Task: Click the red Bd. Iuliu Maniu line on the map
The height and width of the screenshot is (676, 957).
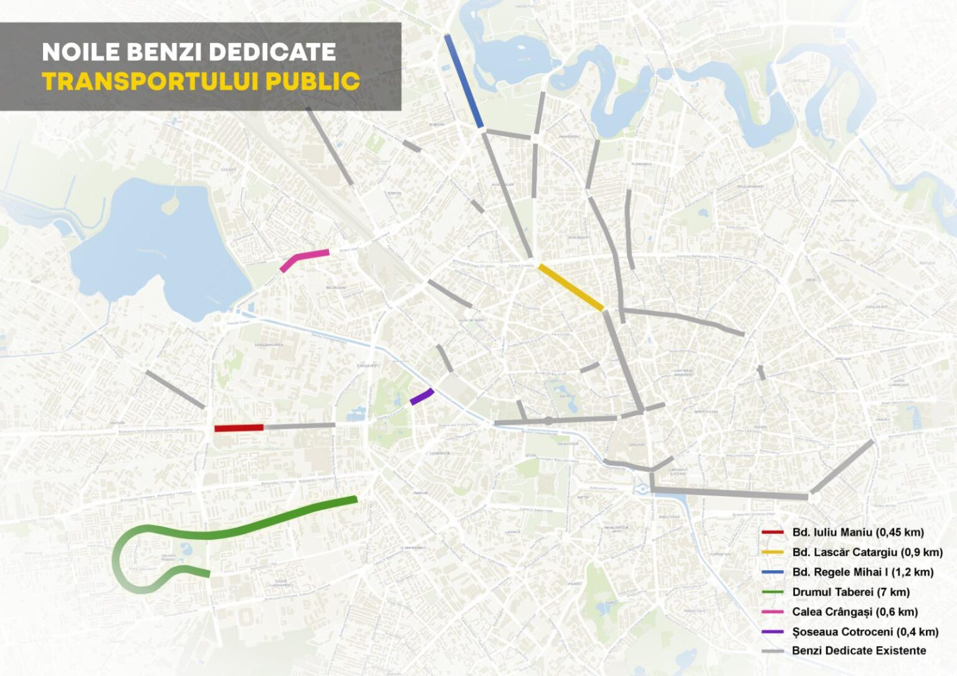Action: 239,428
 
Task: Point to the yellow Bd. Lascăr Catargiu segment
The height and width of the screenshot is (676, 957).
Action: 571,288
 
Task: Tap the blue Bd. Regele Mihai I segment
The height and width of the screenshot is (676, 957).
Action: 464,81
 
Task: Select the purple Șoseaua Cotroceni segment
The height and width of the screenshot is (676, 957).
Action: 422,397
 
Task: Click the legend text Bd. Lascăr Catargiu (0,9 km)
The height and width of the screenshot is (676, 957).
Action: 867,552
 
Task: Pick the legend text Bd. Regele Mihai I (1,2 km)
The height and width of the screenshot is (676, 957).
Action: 863,572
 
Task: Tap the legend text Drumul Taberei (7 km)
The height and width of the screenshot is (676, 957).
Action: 850,592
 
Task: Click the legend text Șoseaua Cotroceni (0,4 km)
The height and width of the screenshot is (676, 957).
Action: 865,632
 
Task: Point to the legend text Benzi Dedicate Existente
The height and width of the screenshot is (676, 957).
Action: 859,650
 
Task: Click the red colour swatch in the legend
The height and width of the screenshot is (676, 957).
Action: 773,532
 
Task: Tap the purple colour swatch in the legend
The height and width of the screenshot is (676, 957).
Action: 773,632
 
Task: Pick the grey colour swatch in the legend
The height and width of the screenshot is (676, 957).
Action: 773,651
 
